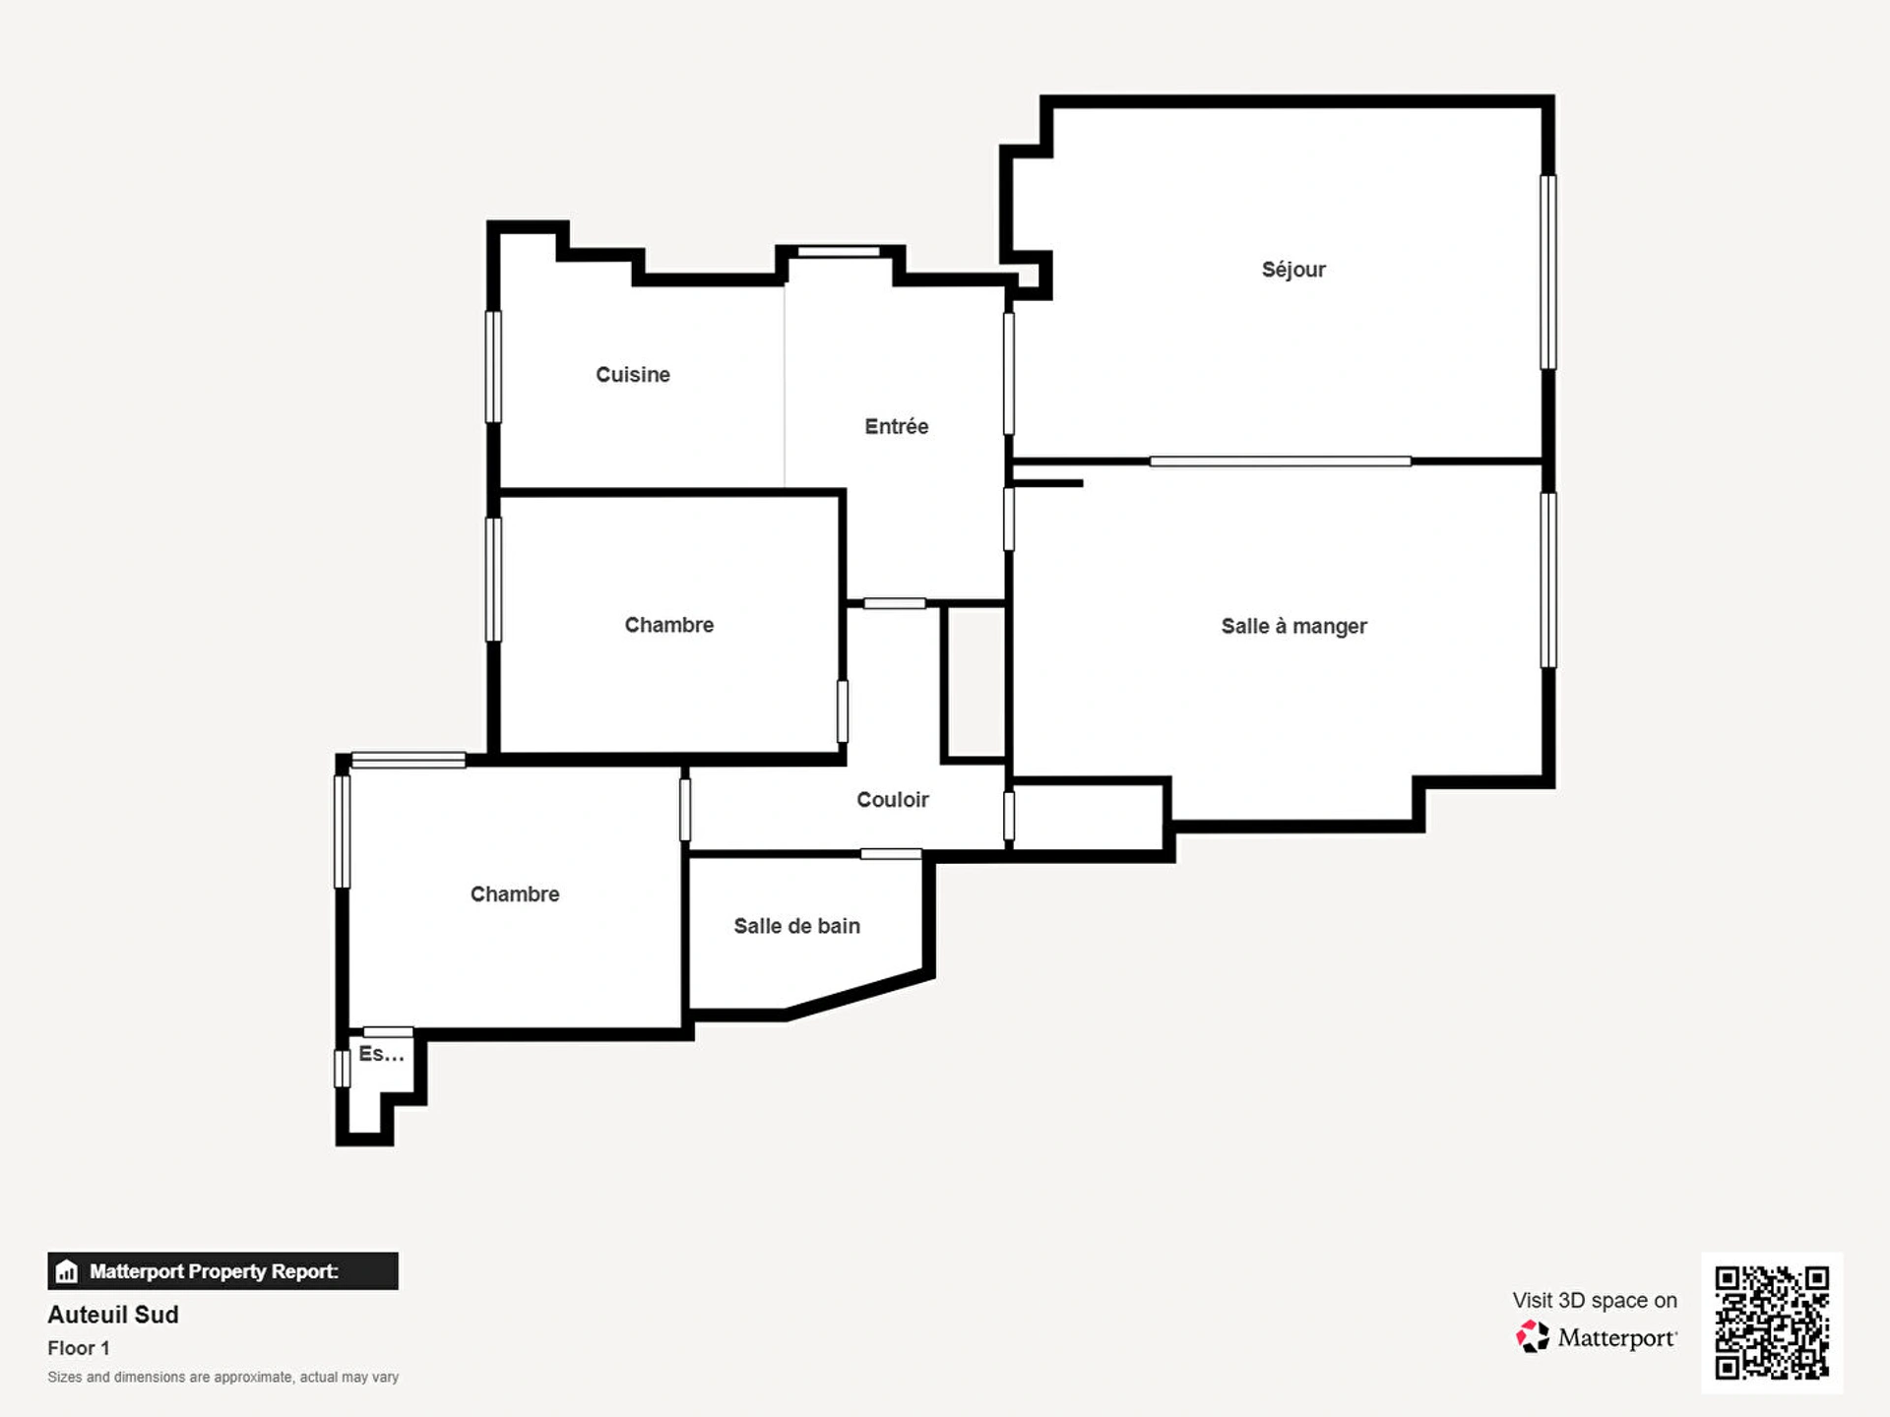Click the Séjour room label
[x=1293, y=270]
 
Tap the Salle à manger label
[x=1293, y=627]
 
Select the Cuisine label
[x=633, y=375]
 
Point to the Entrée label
[x=897, y=426]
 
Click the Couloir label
[x=893, y=800]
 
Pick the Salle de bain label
[x=797, y=926]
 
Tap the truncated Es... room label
[x=381, y=1054]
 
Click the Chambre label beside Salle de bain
[x=515, y=894]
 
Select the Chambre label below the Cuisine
[x=669, y=625]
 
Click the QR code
[x=1772, y=1323]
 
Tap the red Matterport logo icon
[x=1532, y=1336]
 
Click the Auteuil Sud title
[x=113, y=1315]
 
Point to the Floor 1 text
[x=79, y=1348]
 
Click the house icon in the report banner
[x=67, y=1271]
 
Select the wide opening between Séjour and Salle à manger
[x=1280, y=462]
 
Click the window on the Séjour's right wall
[x=1548, y=273]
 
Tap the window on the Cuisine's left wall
[x=493, y=367]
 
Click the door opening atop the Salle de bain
[x=891, y=854]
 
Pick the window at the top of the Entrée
[x=839, y=252]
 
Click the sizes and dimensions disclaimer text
[x=223, y=1377]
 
